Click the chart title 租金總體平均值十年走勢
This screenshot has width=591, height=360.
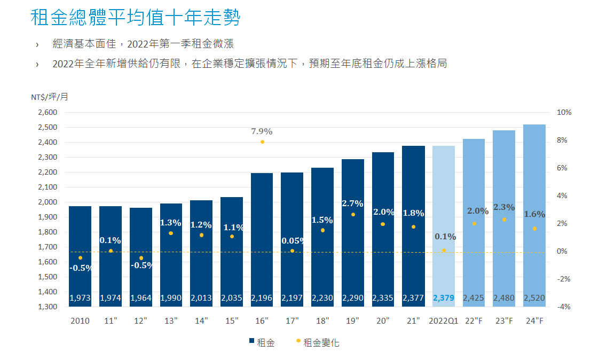click(x=136, y=18)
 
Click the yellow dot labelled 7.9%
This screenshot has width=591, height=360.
click(x=262, y=142)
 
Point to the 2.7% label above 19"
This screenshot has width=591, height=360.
click(x=353, y=204)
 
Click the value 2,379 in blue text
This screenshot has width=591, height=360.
click(x=444, y=298)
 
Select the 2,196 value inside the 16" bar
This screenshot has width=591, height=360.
click(x=262, y=298)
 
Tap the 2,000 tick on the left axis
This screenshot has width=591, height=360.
click(x=47, y=202)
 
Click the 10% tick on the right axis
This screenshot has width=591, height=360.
click(x=564, y=113)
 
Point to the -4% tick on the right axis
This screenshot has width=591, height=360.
click(x=564, y=307)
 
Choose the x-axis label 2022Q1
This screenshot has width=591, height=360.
click(x=444, y=321)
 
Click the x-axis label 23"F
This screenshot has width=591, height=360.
click(x=504, y=321)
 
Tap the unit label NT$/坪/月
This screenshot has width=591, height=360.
click(x=49, y=97)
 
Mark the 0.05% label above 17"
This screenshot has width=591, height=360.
click(x=293, y=241)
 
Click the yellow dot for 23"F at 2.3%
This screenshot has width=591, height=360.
click(x=504, y=220)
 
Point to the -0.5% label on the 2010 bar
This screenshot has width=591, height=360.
click(x=81, y=268)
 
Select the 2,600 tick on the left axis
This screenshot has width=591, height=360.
click(x=47, y=113)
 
